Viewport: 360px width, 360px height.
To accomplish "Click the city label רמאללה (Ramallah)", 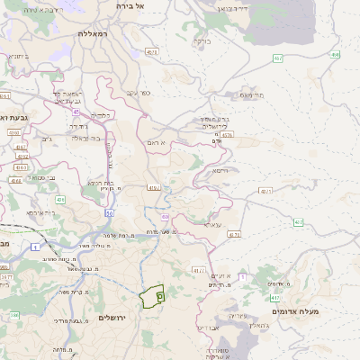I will point(93,33).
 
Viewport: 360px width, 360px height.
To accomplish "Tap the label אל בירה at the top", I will point(130,5).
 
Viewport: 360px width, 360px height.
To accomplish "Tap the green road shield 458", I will point(335,55).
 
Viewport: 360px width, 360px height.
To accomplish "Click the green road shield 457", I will point(276,59).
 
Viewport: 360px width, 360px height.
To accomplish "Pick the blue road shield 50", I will point(109,212).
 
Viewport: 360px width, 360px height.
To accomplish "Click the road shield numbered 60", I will point(165,216).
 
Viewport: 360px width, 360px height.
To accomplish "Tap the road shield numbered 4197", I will point(153,188).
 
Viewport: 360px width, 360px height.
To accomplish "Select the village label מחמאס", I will point(251,94).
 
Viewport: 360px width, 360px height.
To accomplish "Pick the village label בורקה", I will point(202,40).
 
